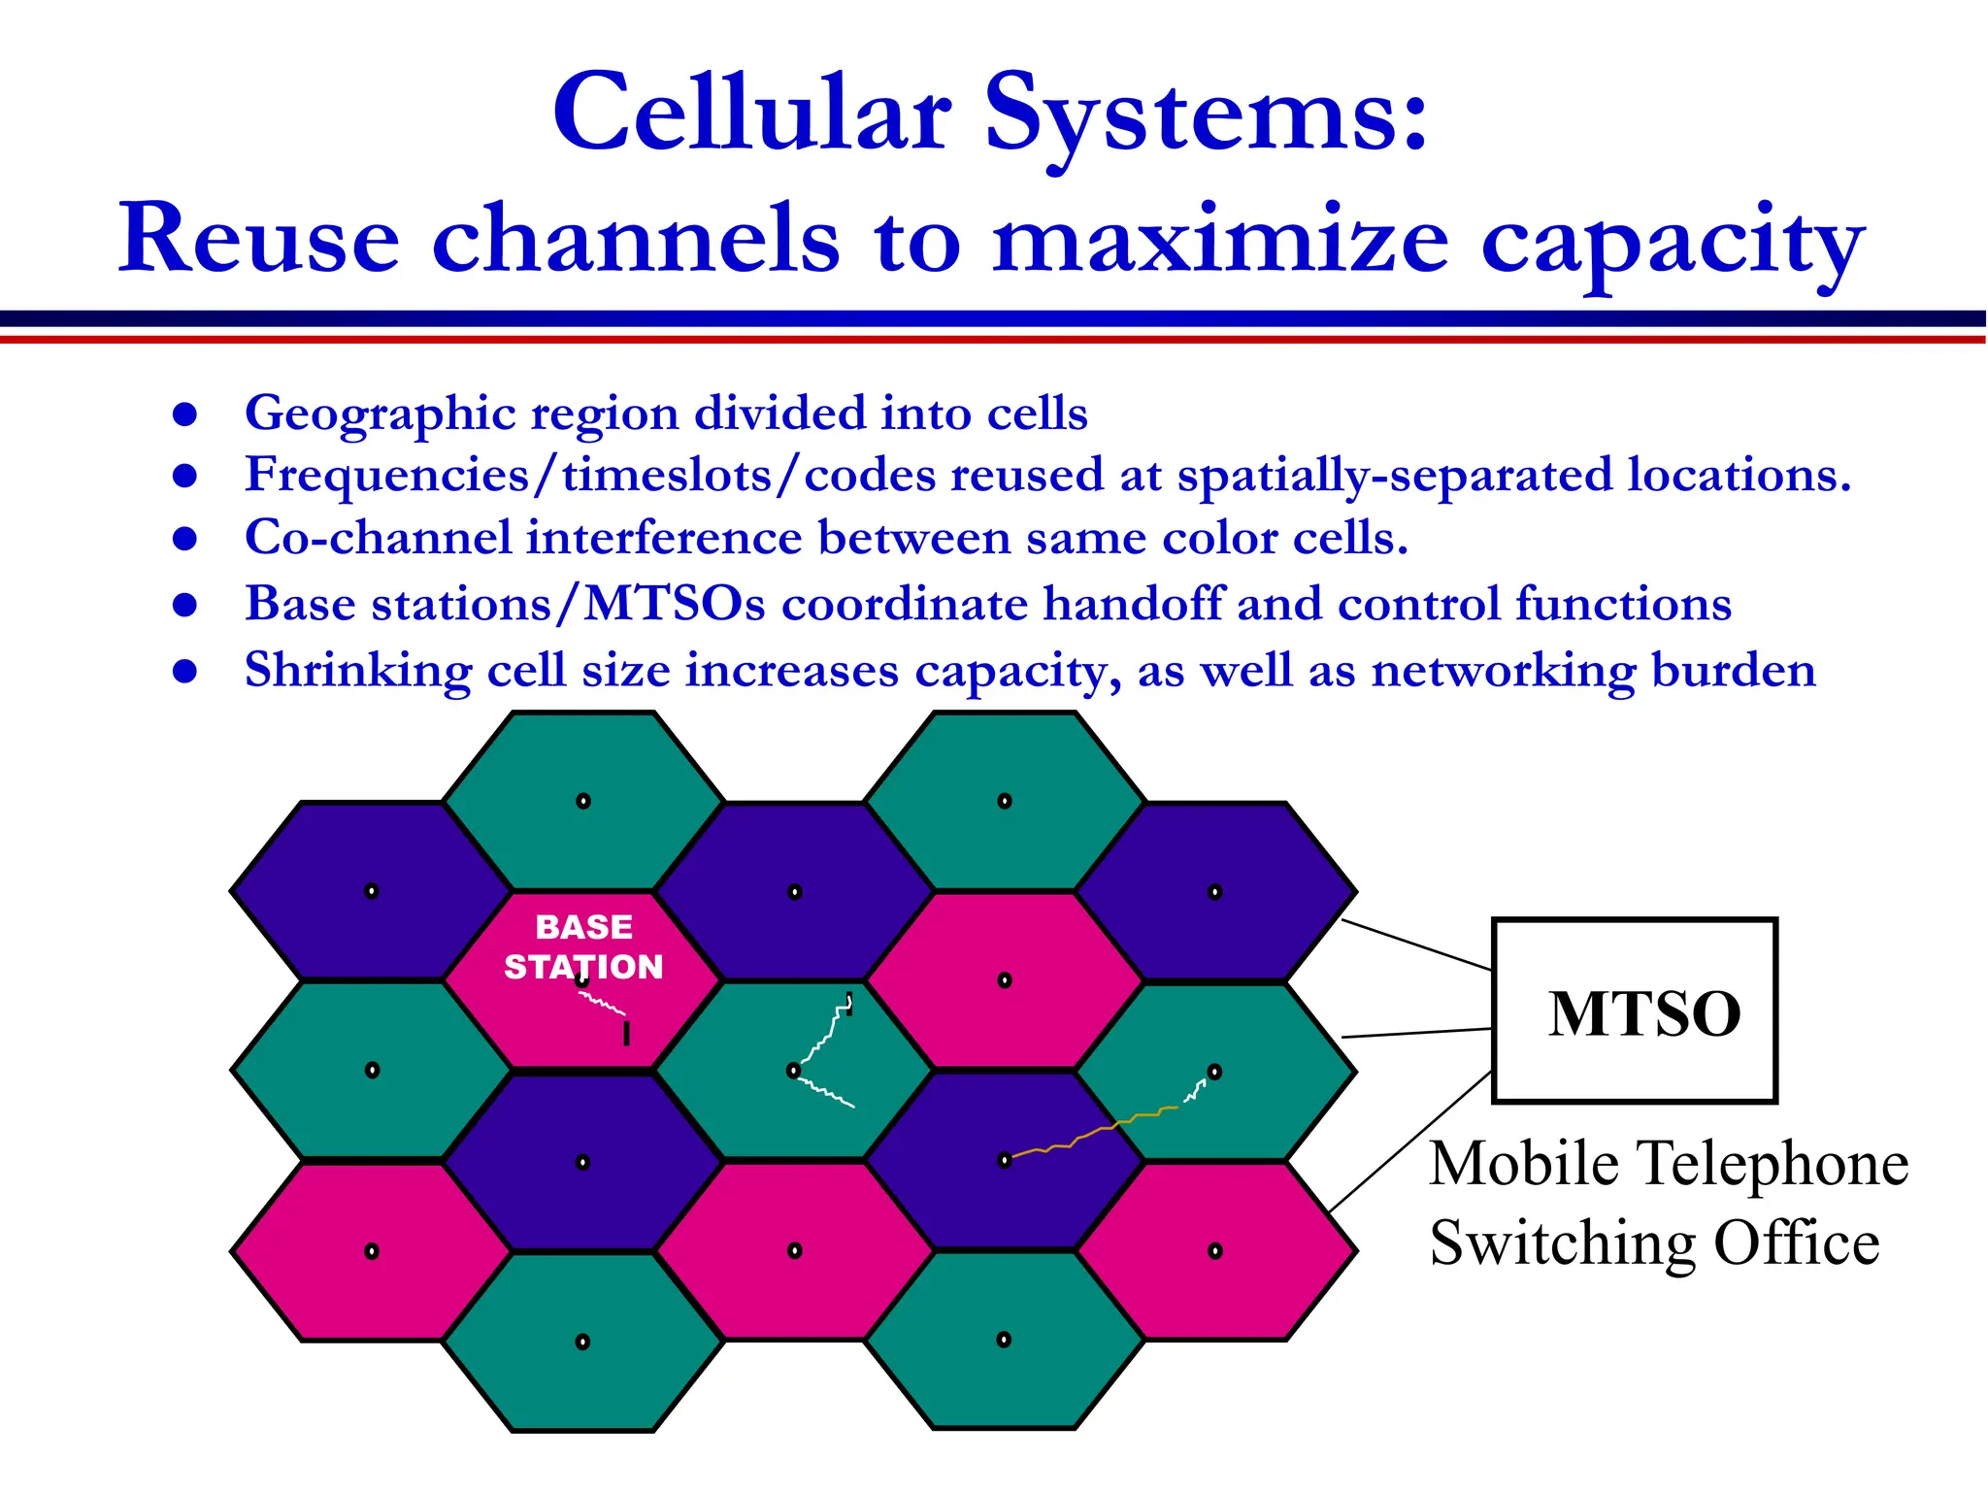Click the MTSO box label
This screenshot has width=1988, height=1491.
tap(1643, 1014)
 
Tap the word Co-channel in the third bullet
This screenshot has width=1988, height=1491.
tap(378, 538)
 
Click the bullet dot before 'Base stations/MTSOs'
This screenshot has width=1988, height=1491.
tap(184, 606)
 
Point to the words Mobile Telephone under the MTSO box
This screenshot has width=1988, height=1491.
tap(1669, 1163)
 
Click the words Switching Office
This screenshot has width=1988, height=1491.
tap(1654, 1243)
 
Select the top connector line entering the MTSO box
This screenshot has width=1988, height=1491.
tap(1416, 944)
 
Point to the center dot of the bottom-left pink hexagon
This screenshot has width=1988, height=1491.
tap(372, 1251)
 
